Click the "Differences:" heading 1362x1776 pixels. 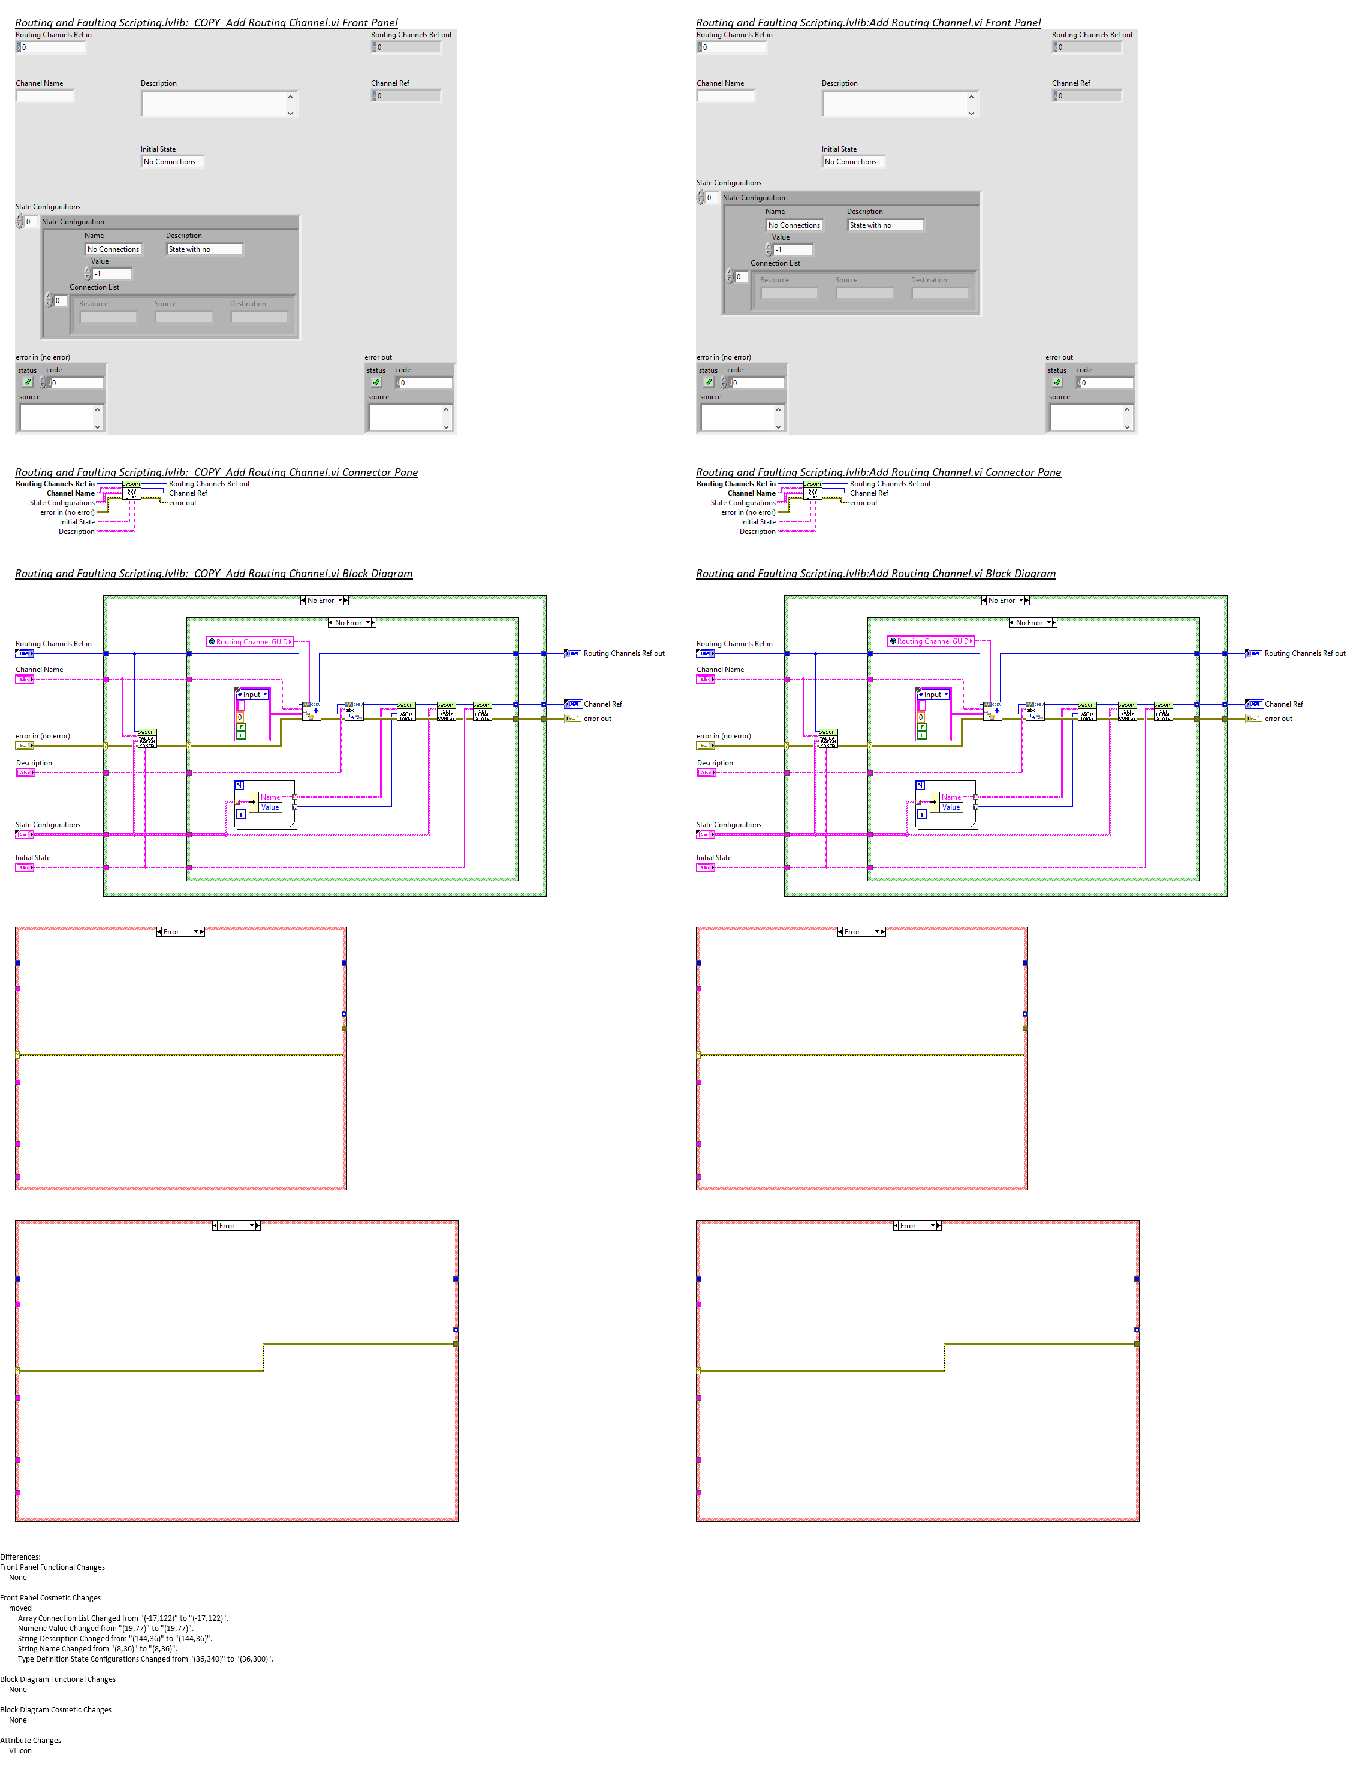click(20, 1557)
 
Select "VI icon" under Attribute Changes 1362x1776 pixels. click(20, 1750)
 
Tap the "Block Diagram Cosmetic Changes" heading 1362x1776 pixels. click(56, 1709)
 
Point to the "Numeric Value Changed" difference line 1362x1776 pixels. click(106, 1628)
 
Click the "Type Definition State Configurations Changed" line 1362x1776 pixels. click(145, 1659)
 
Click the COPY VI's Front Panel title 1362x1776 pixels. click(206, 23)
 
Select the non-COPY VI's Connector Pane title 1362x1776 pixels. click(878, 472)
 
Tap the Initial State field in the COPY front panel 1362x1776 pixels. click(170, 162)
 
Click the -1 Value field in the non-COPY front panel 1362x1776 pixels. click(792, 250)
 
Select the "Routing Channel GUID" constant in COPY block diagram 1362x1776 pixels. click(250, 641)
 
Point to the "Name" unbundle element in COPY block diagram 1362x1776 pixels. click(270, 797)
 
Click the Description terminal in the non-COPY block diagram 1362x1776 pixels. click(706, 773)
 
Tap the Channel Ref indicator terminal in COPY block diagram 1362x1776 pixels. click(573, 704)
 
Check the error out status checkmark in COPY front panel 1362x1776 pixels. click(377, 382)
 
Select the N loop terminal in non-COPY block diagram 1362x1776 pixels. click(920, 785)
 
